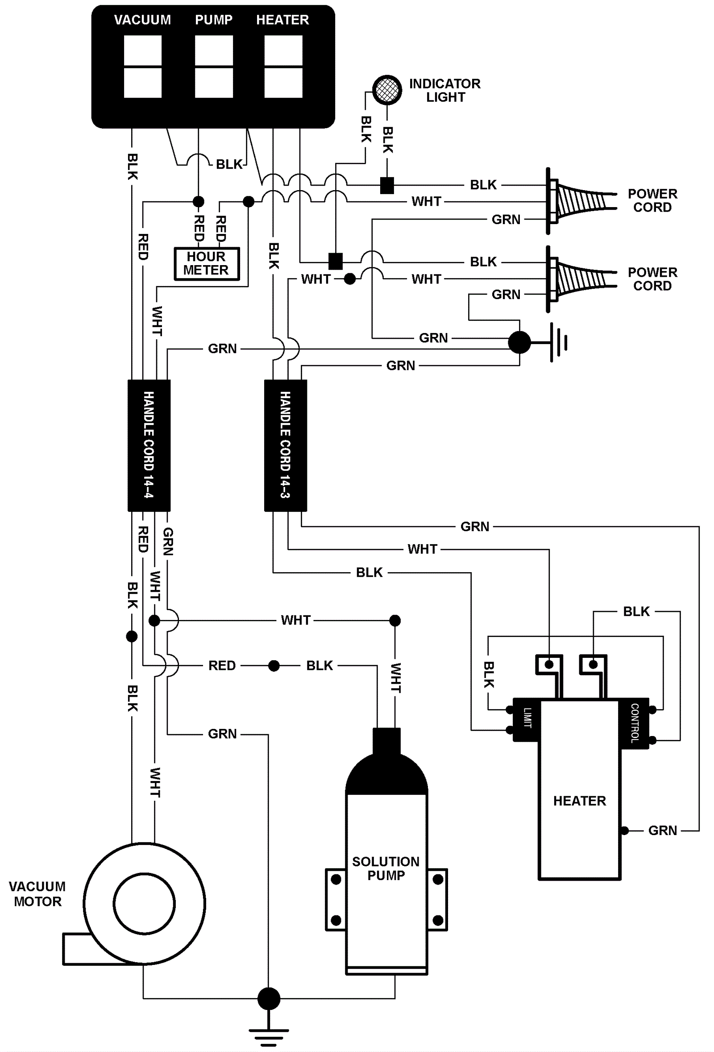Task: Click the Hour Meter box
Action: pos(207,263)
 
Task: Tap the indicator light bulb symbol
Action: pos(387,89)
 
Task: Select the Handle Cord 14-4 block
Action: pos(149,445)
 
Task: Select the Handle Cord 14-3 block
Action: pos(286,445)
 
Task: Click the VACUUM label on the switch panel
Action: pos(142,20)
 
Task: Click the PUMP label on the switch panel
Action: pos(214,20)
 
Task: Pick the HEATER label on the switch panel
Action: pos(282,20)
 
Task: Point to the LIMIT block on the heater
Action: pos(526,719)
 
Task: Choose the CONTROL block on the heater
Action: pos(635,723)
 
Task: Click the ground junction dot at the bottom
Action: pos(269,998)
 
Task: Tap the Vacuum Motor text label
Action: pos(37,894)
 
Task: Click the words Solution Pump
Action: pos(386,868)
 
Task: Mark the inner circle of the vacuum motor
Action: pos(144,903)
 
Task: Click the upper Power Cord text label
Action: pos(652,200)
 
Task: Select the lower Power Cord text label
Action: pos(652,279)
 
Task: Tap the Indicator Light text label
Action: pos(444,91)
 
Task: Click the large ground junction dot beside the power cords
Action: pos(519,342)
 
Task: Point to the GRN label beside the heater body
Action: pos(662,831)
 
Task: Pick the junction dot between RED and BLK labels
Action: pos(274,665)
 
